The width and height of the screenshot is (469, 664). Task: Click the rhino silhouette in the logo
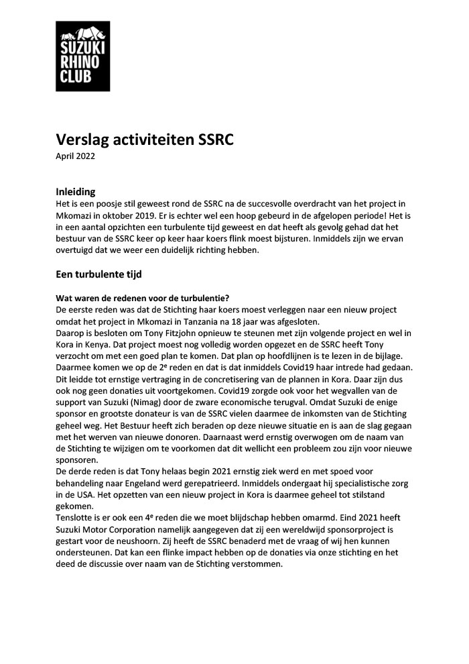(82, 34)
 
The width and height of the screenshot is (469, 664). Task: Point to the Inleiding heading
(75, 191)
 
